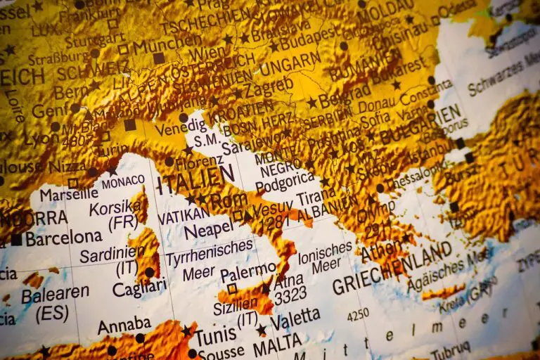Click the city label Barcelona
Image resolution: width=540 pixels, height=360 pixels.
click(64, 238)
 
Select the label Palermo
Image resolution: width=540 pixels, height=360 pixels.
click(248, 271)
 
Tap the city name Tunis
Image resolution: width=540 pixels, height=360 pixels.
click(215, 335)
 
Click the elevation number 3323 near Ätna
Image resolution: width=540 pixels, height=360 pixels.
click(290, 296)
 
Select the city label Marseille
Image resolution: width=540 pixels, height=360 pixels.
click(68, 194)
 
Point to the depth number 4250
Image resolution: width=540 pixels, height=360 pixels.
click(358, 314)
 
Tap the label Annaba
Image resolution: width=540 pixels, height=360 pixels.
click(124, 325)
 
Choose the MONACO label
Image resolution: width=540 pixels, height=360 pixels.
click(123, 182)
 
